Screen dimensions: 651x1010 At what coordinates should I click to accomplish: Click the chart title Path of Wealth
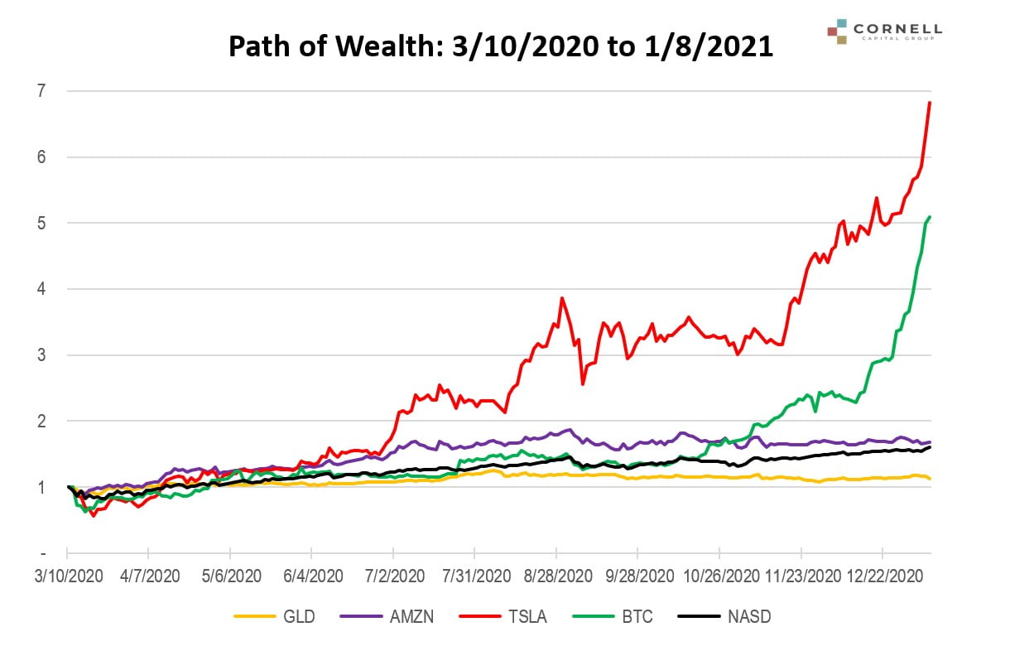(500, 47)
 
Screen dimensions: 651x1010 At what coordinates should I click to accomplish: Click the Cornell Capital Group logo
(883, 31)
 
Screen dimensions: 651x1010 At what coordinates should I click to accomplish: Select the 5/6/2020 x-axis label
(230, 574)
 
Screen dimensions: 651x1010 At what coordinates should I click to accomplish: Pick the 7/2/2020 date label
(393, 574)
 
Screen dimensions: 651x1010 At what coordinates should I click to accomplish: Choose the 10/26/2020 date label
(719, 574)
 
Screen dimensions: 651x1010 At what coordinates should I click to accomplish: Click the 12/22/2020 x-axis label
(883, 574)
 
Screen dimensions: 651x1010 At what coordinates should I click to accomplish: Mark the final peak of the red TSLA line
(931, 103)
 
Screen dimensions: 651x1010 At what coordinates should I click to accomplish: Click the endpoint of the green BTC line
(931, 217)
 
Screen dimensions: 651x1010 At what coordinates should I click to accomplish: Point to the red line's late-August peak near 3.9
(562, 298)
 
